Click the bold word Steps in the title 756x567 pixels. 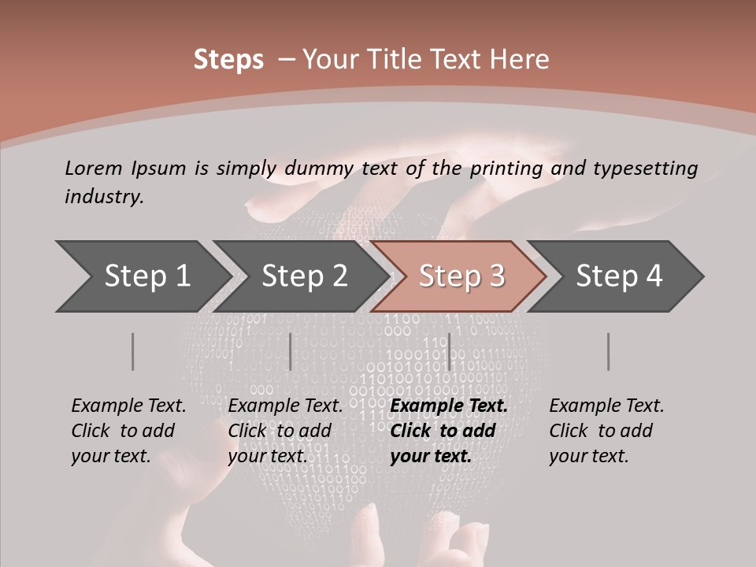[228, 60]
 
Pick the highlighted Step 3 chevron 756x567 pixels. [461, 276]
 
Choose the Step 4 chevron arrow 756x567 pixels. [619, 276]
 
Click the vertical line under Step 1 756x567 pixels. [133, 351]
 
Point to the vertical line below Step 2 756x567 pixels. [291, 351]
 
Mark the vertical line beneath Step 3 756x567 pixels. [449, 351]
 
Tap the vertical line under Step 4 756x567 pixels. [609, 351]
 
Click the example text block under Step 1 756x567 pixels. [128, 431]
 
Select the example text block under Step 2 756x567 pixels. [285, 431]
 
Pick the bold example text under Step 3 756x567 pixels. [449, 431]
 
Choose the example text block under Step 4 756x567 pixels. [606, 431]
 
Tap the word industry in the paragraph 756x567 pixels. [104, 197]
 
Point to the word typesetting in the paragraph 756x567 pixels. [645, 169]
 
